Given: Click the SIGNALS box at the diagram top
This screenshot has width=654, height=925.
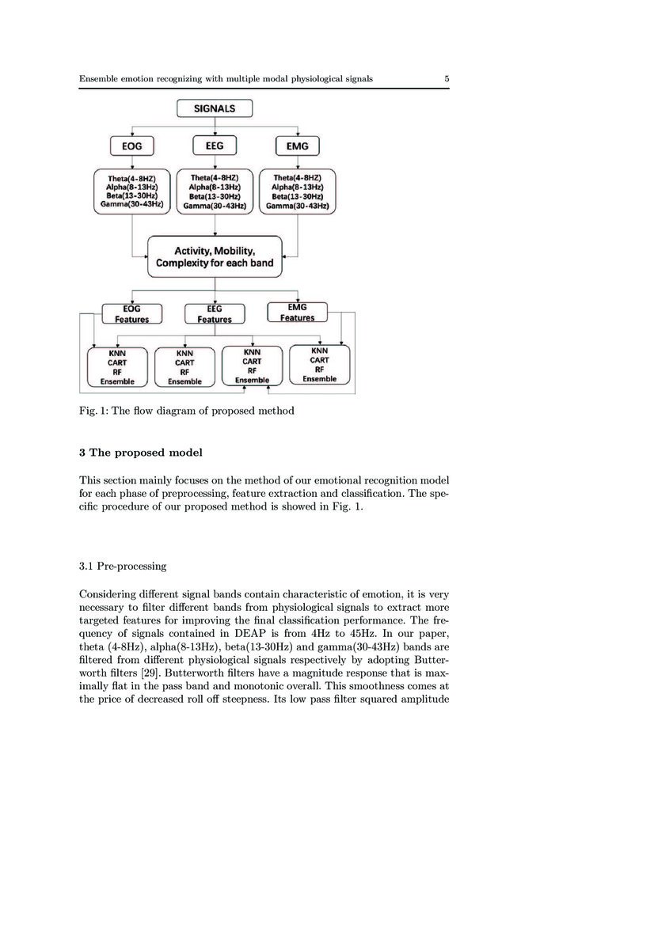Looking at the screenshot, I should (215, 108).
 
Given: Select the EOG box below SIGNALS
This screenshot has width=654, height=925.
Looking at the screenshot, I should (131, 146).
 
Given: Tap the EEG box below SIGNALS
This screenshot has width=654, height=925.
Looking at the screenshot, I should (215, 146).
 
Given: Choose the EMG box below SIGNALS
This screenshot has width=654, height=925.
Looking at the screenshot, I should (296, 146).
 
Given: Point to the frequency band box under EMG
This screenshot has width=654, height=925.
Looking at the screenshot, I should (296, 191).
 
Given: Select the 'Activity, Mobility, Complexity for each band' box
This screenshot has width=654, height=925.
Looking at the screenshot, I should (215, 256).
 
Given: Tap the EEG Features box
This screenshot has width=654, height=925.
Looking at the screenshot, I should (215, 314).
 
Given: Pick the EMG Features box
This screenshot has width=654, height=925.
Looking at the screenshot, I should (296, 313).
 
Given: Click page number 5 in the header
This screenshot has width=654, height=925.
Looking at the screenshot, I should (447, 79).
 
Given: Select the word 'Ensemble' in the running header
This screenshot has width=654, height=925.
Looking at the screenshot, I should (100, 79).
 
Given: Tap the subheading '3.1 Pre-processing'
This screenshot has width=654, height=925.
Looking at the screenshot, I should (122, 567).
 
